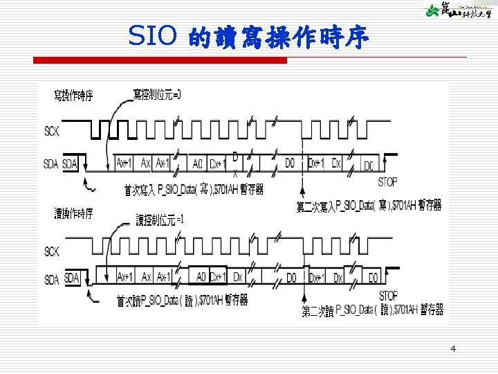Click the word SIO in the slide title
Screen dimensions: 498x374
154,35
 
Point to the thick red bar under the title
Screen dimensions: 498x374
160,61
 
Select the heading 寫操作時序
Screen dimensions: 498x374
74,96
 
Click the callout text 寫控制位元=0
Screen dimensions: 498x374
157,93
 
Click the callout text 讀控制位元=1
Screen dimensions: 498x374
160,220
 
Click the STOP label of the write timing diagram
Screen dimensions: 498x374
388,182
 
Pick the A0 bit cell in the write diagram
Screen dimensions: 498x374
198,164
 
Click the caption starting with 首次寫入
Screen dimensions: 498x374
194,189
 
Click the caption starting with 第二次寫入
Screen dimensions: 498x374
369,205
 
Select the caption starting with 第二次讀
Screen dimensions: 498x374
372,310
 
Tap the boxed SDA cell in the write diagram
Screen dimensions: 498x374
71,164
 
